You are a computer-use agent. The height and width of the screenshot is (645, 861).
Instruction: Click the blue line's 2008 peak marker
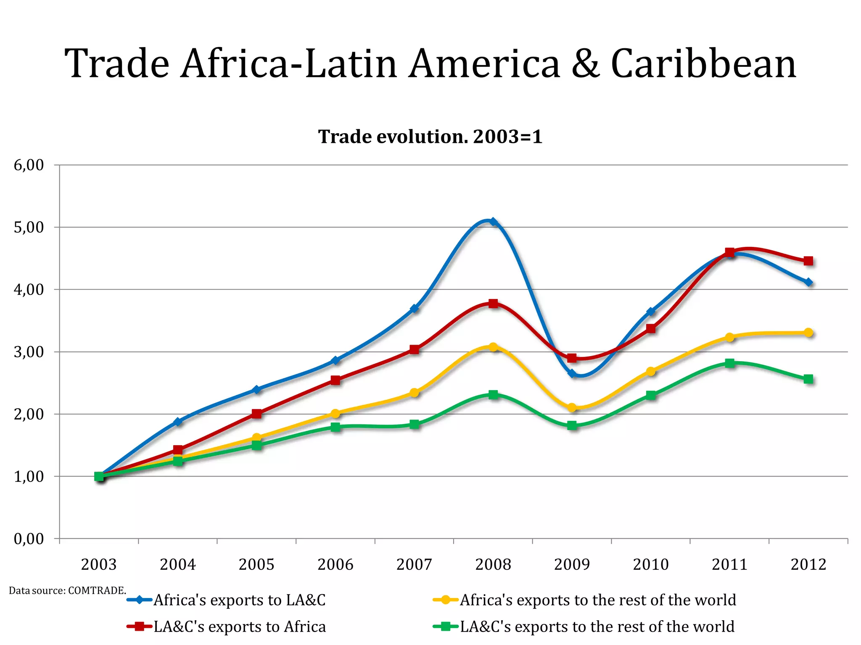pos(493,221)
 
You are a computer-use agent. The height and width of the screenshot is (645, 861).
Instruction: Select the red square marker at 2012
pos(808,261)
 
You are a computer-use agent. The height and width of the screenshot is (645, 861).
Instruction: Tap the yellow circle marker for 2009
pos(572,407)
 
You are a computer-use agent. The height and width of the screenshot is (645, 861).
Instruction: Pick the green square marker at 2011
pos(730,363)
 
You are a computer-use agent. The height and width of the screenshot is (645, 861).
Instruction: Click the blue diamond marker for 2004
pos(178,421)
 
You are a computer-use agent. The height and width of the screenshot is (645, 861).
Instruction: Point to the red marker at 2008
pos(493,303)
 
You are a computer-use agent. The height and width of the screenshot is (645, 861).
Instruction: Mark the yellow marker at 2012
pos(808,333)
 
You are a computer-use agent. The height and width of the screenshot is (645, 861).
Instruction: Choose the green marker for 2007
pos(414,424)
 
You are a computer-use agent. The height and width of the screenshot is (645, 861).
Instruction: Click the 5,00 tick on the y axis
pos(29,228)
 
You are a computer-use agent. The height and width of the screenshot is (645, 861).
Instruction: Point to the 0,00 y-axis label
pos(29,539)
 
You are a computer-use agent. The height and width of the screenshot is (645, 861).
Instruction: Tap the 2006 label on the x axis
pos(335,564)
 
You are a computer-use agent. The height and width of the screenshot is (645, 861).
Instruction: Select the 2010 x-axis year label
pos(650,564)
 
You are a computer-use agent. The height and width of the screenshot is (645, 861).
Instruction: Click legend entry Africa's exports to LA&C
pos(239,600)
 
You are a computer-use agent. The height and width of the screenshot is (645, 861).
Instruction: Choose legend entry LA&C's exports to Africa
pos(239,627)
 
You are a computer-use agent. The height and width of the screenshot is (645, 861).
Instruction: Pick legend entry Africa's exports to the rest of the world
pos(597,600)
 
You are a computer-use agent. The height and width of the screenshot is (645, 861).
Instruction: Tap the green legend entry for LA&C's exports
pos(597,627)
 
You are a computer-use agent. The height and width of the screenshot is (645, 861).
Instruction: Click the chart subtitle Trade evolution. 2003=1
pos(430,137)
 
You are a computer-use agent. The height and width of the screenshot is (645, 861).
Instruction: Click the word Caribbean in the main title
pos(703,64)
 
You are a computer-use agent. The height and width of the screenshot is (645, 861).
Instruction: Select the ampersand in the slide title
pos(585,64)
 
